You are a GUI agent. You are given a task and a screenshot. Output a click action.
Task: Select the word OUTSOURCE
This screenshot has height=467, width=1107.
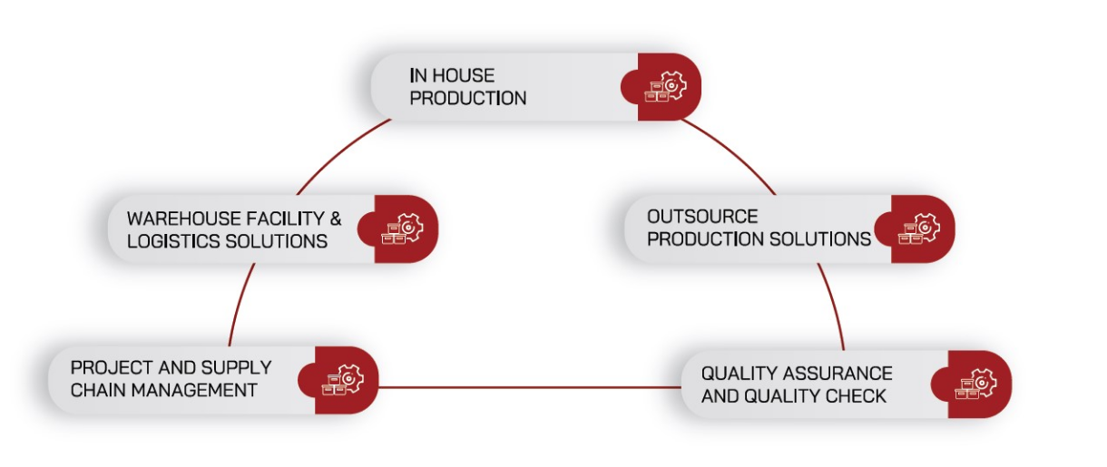tap(702, 217)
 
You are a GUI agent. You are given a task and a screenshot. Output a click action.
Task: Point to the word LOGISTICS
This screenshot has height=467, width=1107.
tap(173, 241)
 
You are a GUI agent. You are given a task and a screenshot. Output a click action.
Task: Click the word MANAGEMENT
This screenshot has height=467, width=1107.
tap(194, 391)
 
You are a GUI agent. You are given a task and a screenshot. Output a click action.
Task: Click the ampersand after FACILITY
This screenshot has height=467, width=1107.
tap(335, 219)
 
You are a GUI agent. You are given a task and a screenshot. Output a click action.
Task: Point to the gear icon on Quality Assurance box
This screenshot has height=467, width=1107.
tap(983, 382)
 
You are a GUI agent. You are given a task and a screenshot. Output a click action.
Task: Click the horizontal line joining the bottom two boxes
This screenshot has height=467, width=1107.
tap(530, 387)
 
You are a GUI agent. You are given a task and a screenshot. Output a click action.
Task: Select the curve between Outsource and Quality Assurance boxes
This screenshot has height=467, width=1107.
tap(835, 305)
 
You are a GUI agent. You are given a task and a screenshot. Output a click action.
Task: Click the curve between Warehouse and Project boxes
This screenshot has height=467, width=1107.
tap(239, 303)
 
